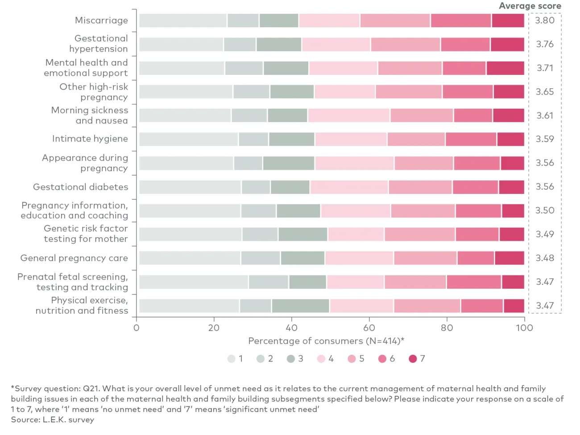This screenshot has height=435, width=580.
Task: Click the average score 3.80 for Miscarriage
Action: pos(545,21)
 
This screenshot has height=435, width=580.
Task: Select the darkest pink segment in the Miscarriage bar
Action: pos(508,21)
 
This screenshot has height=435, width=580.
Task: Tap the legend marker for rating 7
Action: pos(413,359)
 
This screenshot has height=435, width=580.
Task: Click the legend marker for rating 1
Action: pos(231,359)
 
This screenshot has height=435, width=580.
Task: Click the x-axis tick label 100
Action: pos(524,328)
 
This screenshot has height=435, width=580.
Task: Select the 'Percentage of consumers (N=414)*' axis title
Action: pos(326,341)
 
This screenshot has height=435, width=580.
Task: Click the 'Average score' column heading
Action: pos(530,6)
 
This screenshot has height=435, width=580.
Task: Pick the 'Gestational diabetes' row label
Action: pos(80,187)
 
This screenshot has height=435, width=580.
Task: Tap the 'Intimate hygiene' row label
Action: pos(90,139)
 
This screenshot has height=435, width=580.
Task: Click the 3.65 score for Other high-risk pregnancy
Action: pos(545,92)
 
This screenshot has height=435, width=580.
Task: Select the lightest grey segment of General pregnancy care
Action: pos(190,258)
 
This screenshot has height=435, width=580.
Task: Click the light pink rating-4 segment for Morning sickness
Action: pos(348,115)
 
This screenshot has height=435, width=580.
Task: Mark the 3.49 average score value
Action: pos(545,234)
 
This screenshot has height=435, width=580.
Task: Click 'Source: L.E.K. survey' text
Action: pos(53,420)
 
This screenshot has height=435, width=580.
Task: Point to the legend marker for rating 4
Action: pos(321,359)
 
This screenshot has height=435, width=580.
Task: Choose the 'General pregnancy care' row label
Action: pos(74,258)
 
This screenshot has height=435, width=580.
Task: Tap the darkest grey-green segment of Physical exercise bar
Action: pos(300,306)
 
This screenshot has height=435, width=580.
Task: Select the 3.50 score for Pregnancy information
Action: pos(545,210)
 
